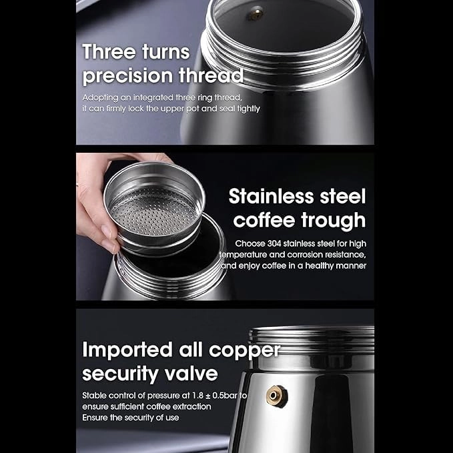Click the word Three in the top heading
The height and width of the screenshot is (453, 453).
[109, 52]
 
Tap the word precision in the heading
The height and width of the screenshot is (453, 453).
[127, 75]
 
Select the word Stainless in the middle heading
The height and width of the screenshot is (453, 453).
[272, 196]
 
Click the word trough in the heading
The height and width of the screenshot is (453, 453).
[334, 221]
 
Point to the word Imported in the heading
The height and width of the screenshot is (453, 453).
[127, 350]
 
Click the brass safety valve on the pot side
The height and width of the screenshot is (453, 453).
[277, 396]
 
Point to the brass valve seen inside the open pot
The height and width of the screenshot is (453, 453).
[256, 13]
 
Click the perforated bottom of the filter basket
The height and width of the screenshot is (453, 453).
[154, 211]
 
